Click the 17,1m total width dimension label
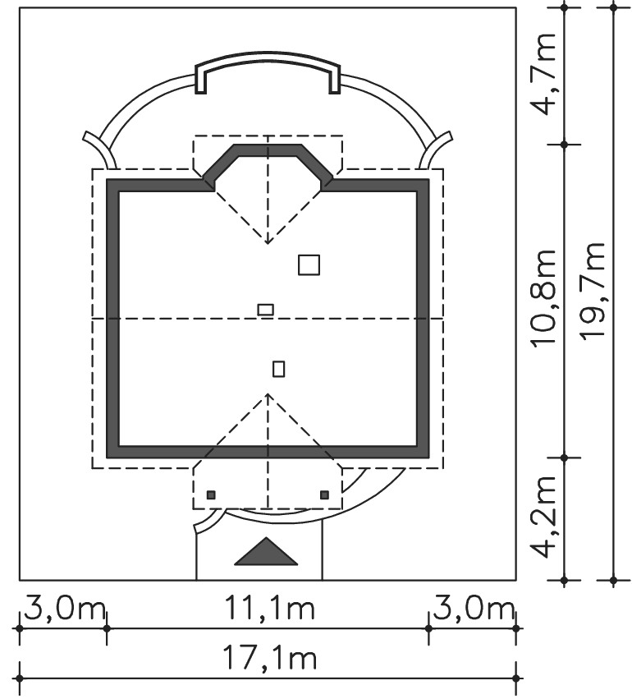[x=269, y=660]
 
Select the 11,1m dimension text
[x=269, y=609]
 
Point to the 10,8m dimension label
[x=543, y=298]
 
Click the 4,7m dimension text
[x=543, y=75]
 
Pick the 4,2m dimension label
[x=543, y=517]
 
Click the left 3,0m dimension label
[x=65, y=609]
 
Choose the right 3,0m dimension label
[x=474, y=609]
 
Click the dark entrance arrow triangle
[x=266, y=552]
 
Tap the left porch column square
[x=211, y=494]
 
